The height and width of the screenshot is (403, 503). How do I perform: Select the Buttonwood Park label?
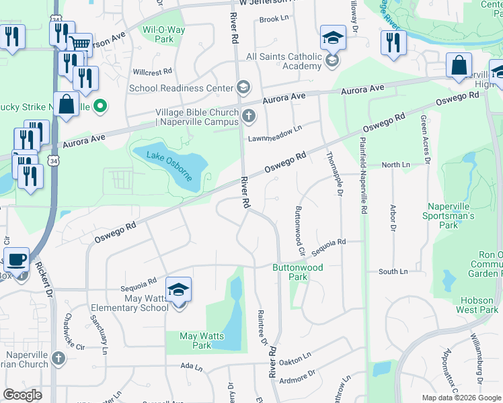click(297, 272)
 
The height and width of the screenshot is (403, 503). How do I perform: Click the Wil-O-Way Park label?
click(159, 34)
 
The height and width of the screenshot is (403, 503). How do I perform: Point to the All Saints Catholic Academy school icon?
click(332, 62)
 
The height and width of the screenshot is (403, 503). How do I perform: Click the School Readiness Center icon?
click(243, 87)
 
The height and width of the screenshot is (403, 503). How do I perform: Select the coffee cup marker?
click(16, 259)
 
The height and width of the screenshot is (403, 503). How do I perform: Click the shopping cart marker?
click(81, 45)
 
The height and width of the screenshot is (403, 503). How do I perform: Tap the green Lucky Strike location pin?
click(100, 105)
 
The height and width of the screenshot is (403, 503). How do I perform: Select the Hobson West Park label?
click(477, 305)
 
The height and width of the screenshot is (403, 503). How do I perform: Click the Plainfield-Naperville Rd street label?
click(364, 175)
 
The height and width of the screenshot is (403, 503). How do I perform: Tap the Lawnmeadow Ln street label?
click(274, 134)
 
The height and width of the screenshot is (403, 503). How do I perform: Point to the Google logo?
click(23, 395)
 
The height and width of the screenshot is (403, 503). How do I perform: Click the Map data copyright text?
click(461, 398)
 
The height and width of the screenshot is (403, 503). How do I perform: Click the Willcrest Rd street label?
click(153, 71)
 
